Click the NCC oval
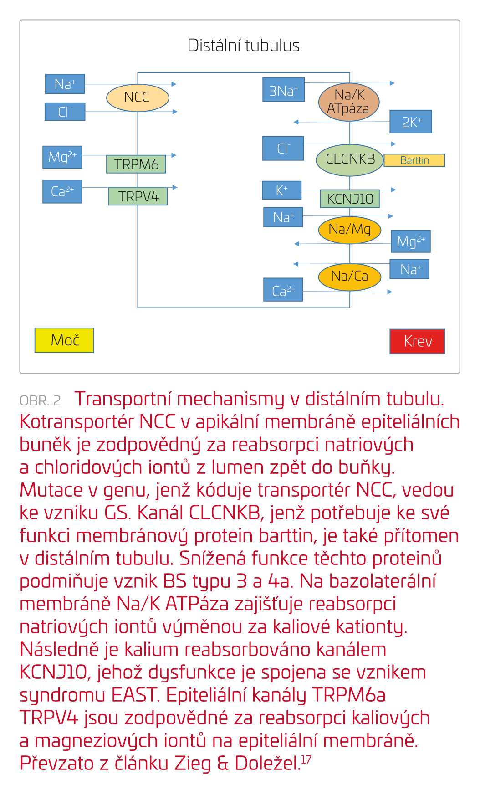pyautogui.click(x=138, y=97)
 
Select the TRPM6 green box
pyautogui.click(x=136, y=164)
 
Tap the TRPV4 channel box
pyautogui.click(x=138, y=196)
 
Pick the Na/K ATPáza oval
pyautogui.click(x=349, y=102)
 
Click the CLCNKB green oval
pyautogui.click(x=350, y=159)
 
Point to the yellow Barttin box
pyautogui.click(x=414, y=160)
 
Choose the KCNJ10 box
pyautogui.click(x=350, y=199)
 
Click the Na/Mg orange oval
pyautogui.click(x=349, y=230)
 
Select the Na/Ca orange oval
pyautogui.click(x=349, y=276)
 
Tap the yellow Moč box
pyautogui.click(x=64, y=340)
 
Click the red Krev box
pyautogui.click(x=417, y=341)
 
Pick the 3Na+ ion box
pyautogui.click(x=283, y=90)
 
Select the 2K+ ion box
pyautogui.click(x=410, y=122)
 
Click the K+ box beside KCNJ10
pyautogui.click(x=281, y=190)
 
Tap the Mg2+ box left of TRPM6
pyautogui.click(x=62, y=157)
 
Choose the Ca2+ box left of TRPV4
pyautogui.click(x=62, y=191)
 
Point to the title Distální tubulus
pyautogui.click(x=243, y=46)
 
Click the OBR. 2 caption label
pyautogui.click(x=40, y=400)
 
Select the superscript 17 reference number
pyautogui.click(x=306, y=759)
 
